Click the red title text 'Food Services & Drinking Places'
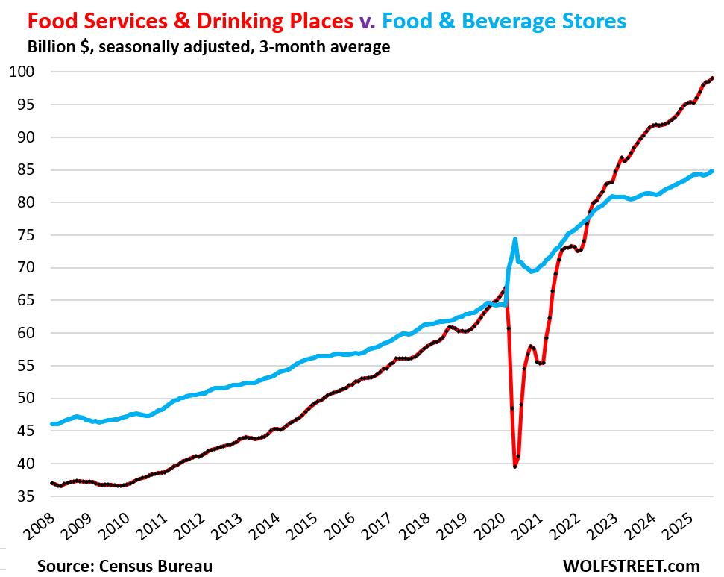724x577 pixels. tap(179, 22)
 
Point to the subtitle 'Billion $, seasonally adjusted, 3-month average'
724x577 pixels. tap(209, 47)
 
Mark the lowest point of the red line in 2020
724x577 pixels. tap(515, 466)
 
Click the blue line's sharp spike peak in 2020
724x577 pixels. tap(515, 240)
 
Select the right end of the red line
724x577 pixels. tap(713, 78)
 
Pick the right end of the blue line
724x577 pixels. tap(713, 171)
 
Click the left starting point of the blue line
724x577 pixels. tap(51, 424)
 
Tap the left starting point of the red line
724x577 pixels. tap(51, 483)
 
